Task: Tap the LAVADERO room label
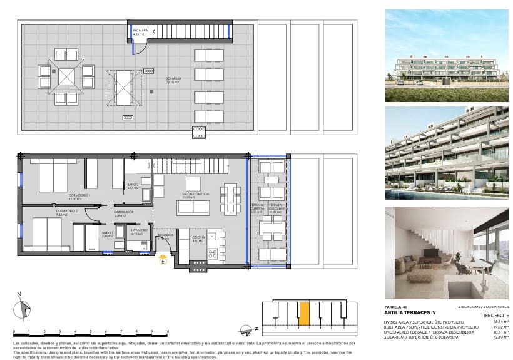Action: tap(139, 231)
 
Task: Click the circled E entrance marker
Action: tap(163, 263)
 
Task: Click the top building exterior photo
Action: tap(447, 56)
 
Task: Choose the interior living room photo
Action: tap(447, 252)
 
